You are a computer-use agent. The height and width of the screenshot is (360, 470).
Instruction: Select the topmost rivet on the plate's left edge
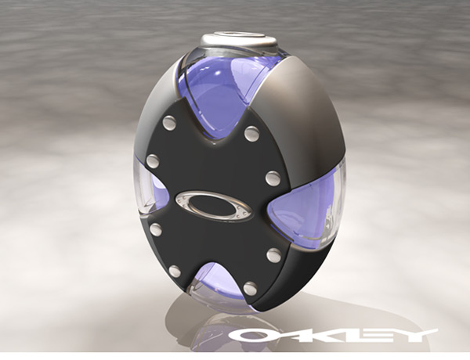(168, 123)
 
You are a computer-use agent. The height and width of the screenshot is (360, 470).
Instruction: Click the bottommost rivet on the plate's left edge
(175, 272)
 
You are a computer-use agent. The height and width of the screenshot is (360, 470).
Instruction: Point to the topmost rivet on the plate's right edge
(251, 134)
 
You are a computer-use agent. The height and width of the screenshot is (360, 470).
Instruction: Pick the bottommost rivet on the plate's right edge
(250, 289)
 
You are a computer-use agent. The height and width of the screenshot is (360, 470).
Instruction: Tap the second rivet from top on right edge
(272, 178)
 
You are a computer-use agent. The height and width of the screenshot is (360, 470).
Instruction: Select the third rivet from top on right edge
(273, 255)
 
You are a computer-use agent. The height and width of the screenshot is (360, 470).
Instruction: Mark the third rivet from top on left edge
(156, 229)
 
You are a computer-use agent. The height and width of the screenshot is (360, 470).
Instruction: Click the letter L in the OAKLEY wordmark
(356, 336)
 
